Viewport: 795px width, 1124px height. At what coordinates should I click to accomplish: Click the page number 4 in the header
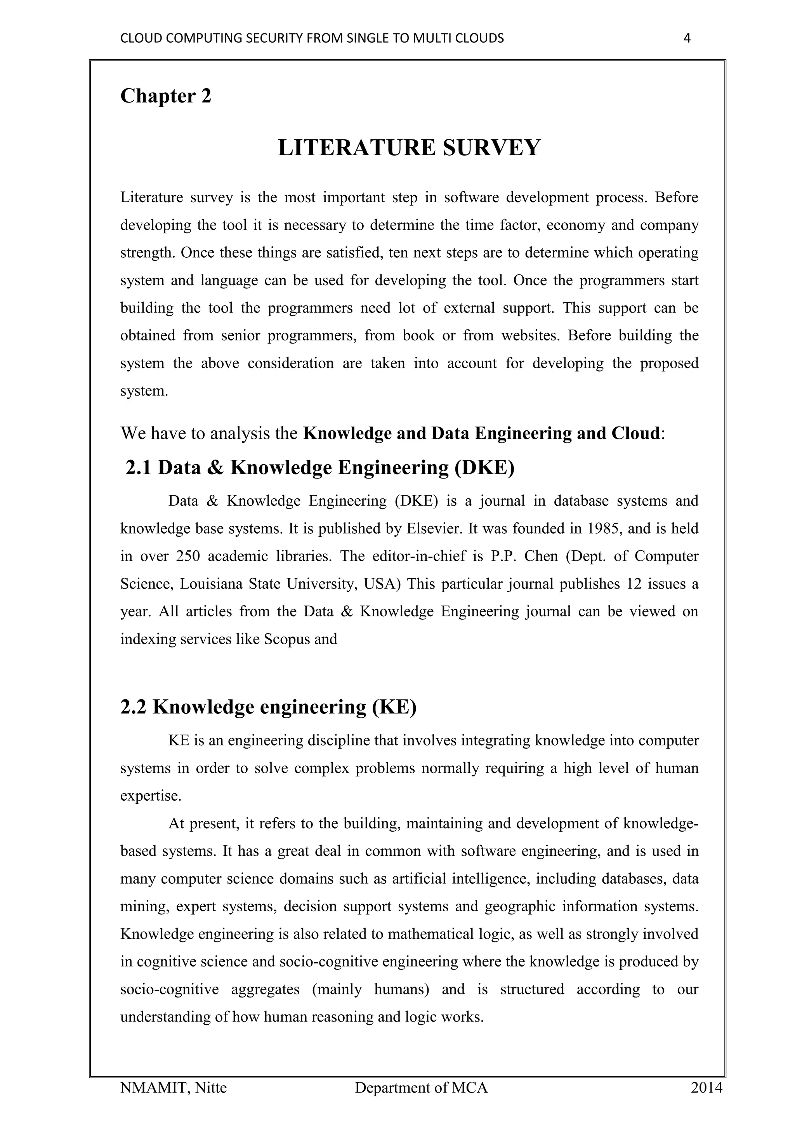pyautogui.click(x=686, y=38)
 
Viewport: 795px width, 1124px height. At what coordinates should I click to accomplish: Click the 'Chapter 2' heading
pyautogui.click(x=165, y=95)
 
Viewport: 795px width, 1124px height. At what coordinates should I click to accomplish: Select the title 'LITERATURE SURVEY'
pyautogui.click(x=409, y=147)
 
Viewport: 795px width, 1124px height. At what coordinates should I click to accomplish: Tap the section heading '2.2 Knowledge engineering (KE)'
pyautogui.click(x=268, y=707)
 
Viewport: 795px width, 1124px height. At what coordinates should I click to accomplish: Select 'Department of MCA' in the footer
pyautogui.click(x=421, y=1088)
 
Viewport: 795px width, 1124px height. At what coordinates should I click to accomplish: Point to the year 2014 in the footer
pyautogui.click(x=706, y=1088)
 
